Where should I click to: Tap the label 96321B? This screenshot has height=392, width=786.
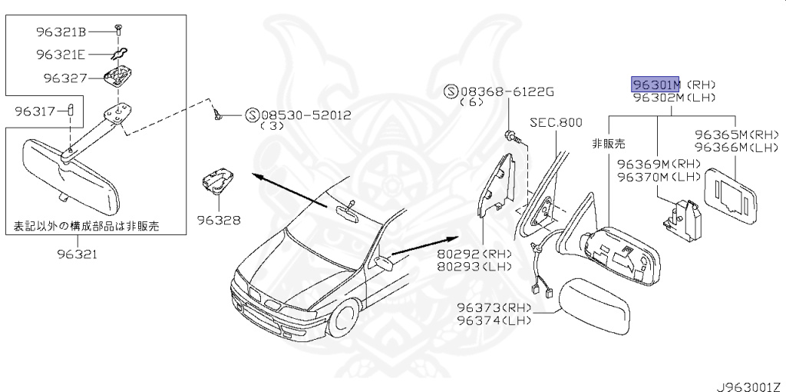[x=61, y=32]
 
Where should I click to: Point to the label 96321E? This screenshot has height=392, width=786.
[x=61, y=55]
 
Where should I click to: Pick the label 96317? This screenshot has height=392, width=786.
[x=35, y=111]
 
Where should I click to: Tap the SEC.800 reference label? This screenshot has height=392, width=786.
[x=556, y=122]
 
